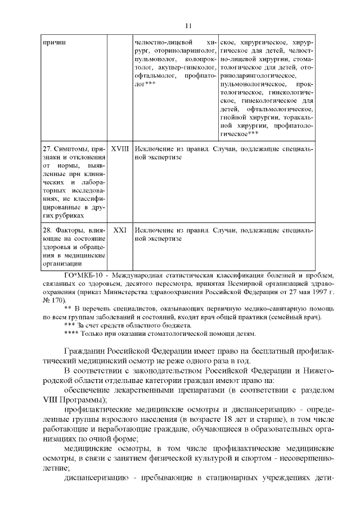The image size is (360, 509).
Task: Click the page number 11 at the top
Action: pyautogui.click(x=188, y=25)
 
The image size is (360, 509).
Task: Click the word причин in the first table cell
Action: pyautogui.click(x=53, y=43)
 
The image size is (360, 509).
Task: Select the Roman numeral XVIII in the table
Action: pyautogui.click(x=120, y=150)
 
